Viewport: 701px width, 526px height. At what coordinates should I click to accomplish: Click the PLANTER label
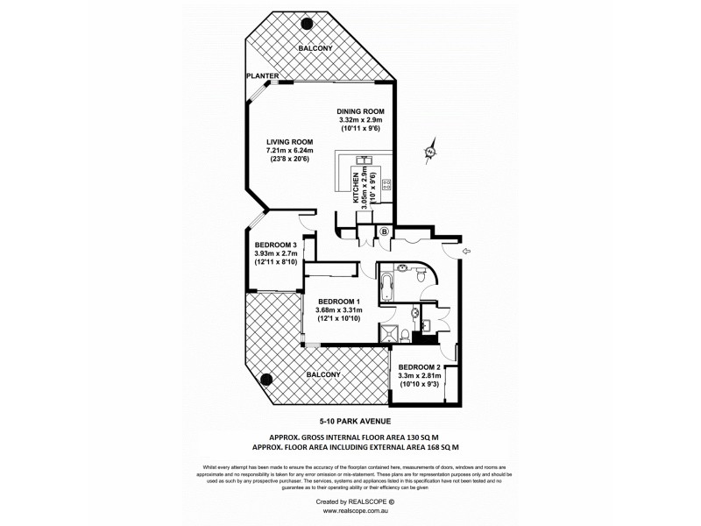coord(263,77)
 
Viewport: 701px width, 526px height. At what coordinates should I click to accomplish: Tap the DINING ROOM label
coord(362,111)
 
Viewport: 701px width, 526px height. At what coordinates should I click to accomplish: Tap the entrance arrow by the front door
coord(465,252)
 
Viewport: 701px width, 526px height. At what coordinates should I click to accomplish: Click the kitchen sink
coord(364,160)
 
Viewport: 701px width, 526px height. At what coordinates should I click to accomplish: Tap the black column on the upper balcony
coord(306,24)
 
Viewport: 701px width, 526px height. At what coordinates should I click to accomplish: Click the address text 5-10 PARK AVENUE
coord(350,422)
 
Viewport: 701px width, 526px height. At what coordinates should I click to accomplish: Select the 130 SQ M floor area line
coord(350,436)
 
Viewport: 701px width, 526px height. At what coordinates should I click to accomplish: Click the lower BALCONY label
coord(323,374)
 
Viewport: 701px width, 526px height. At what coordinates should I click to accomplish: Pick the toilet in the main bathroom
coord(421,276)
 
